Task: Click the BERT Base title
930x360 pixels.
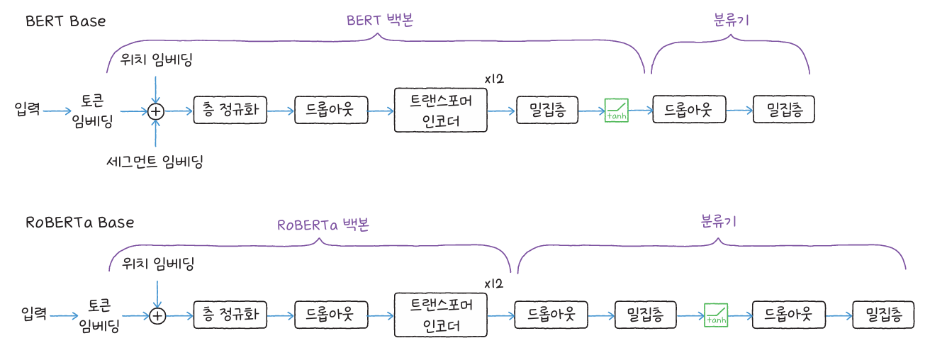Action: point(65,21)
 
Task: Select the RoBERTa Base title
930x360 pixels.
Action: point(79,222)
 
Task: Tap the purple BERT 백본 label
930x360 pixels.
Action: point(380,20)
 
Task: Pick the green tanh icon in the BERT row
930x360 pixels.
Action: point(616,111)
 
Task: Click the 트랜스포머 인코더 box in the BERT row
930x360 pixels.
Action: point(440,111)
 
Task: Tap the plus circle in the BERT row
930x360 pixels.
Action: point(156,111)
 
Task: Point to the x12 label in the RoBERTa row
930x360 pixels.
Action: point(493,283)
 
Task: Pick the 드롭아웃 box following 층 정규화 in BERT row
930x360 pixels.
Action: point(329,111)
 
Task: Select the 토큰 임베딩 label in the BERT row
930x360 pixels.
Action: point(98,111)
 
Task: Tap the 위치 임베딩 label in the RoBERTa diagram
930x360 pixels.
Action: point(158,264)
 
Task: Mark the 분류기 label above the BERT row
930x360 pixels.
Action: point(731,20)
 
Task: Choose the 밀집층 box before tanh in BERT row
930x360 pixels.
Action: point(547,111)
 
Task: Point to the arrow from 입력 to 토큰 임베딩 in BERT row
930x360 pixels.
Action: point(57,111)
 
